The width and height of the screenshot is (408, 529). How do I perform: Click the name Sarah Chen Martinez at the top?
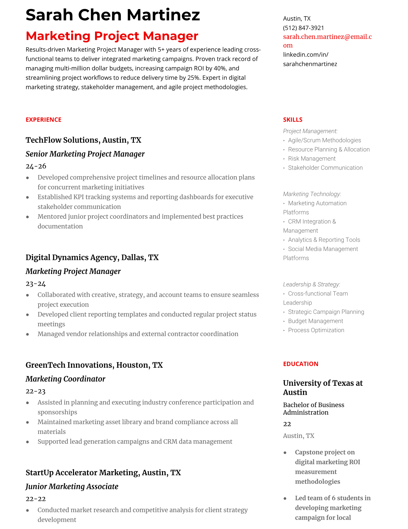coord(113,15)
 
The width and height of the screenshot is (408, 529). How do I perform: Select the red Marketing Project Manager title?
coord(112,36)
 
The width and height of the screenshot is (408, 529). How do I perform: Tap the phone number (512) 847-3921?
coord(303,28)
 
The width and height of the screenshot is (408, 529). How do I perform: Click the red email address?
coord(327,37)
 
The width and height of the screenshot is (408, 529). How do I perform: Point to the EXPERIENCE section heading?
coord(43,120)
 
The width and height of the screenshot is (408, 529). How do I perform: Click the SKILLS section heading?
coord(293,120)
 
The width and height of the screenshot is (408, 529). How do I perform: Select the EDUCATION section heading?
coord(300,364)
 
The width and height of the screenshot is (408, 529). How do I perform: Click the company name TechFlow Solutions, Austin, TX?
coord(83,140)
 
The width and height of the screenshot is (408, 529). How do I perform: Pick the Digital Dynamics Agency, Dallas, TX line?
coord(92,257)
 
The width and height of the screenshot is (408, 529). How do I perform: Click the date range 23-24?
coord(36,284)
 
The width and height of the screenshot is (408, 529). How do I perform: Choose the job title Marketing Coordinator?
coord(65,379)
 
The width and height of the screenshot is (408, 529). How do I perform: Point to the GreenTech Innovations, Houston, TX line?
coord(94,365)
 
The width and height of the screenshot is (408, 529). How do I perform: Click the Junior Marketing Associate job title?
coord(72,486)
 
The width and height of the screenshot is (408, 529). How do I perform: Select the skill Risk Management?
coord(312,159)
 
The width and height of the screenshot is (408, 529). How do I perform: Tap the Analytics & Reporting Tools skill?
coord(324,240)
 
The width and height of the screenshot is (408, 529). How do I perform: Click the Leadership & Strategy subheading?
coord(311,284)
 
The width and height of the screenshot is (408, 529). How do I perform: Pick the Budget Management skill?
coord(315,321)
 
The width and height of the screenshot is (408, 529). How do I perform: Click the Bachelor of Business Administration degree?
coord(313,408)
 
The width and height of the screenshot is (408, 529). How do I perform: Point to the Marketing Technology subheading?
coord(312,194)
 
